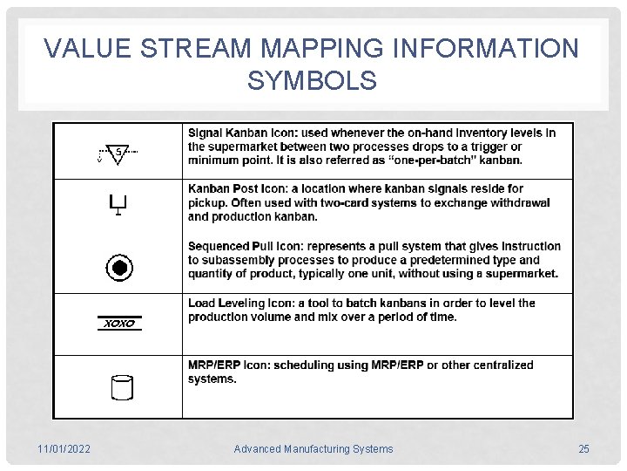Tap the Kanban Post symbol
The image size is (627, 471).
[x=118, y=206]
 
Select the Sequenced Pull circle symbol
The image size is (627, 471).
[x=118, y=268]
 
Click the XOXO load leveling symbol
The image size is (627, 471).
[x=119, y=324]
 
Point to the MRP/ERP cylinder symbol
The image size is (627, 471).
[x=121, y=387]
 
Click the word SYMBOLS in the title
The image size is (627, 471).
[x=312, y=81]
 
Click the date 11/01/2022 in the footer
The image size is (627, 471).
[x=65, y=449]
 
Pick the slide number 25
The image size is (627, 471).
[x=583, y=449]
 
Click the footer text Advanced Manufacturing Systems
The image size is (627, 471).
[x=313, y=449]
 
